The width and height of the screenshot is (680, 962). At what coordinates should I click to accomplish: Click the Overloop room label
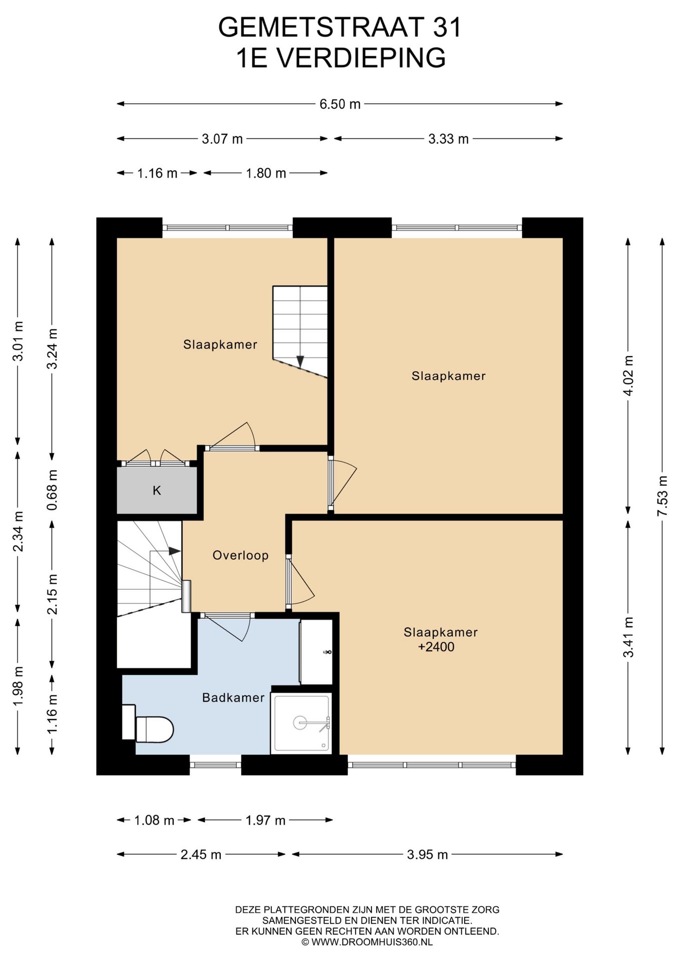pos(240,555)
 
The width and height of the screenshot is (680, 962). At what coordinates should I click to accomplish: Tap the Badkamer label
pos(233,697)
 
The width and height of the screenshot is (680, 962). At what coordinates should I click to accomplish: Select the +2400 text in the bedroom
pos(436,647)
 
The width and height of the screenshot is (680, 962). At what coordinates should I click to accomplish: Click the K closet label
pos(157,491)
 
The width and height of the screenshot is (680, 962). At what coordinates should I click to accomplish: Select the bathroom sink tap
pos(328,652)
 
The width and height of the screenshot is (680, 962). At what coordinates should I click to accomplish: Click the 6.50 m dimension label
pos(340,104)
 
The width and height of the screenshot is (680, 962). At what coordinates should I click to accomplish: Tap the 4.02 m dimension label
pos(628,375)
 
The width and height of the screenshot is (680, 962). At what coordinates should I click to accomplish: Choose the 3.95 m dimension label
pos(427,855)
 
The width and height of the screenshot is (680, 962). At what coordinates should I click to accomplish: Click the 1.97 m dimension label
pos(265,820)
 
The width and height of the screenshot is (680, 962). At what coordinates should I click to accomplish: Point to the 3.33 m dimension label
pos(448,139)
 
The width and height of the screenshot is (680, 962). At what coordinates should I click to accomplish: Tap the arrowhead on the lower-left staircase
pos(174,551)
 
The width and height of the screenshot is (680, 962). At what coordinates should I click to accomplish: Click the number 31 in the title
pos(447,27)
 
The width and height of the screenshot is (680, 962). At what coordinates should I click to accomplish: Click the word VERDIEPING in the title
pos(361,58)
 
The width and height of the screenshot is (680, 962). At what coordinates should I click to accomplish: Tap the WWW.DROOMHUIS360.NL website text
pos(372,942)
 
